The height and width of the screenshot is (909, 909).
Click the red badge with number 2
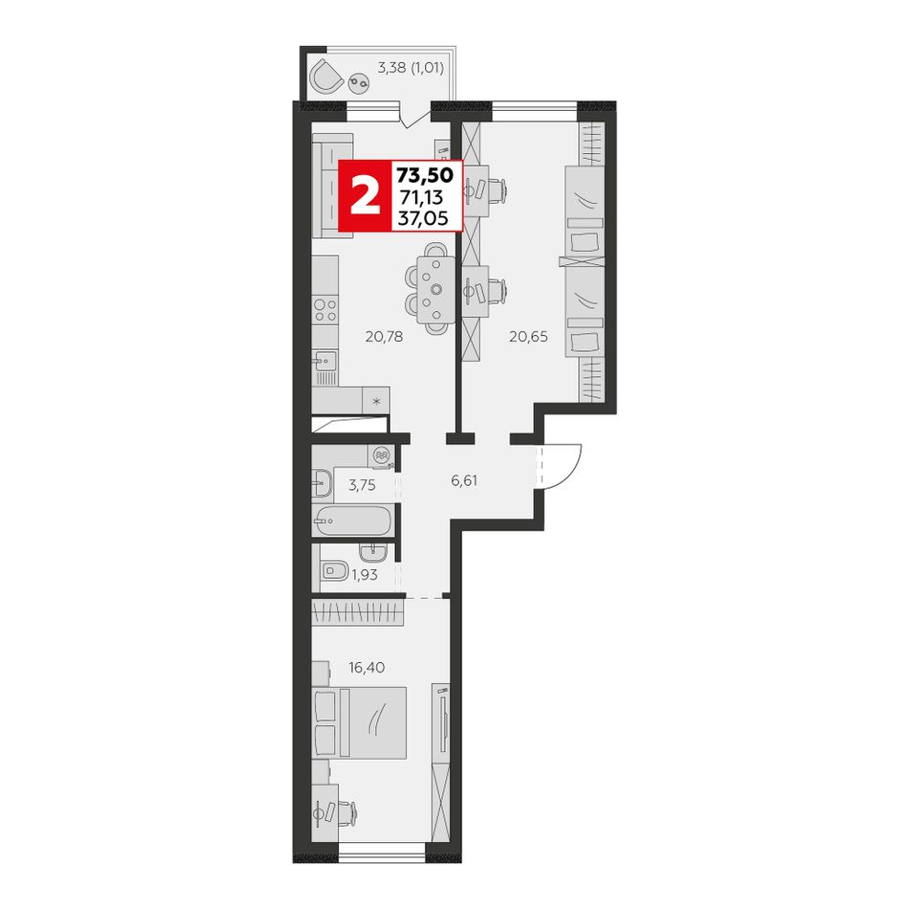point(365,195)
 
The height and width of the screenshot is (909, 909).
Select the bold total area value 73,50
point(425,174)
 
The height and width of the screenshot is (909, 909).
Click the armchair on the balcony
point(326,76)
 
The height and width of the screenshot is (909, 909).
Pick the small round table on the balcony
point(358,82)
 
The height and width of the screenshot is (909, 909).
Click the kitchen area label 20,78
point(384,336)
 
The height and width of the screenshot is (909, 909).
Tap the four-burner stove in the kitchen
point(324,310)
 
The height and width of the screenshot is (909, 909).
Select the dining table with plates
point(435,290)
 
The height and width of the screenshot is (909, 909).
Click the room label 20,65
point(528,336)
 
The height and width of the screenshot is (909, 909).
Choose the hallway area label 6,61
point(464,480)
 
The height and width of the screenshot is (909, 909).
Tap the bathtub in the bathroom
point(351,521)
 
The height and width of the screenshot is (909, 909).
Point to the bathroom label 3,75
point(362,485)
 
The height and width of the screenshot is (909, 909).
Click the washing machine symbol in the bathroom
point(381,455)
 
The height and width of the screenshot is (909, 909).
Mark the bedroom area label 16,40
point(366,667)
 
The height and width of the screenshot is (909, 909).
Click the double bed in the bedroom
point(359,723)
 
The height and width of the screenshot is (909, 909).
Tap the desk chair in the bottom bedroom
point(346,811)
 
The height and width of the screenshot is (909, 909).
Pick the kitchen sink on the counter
point(324,361)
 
